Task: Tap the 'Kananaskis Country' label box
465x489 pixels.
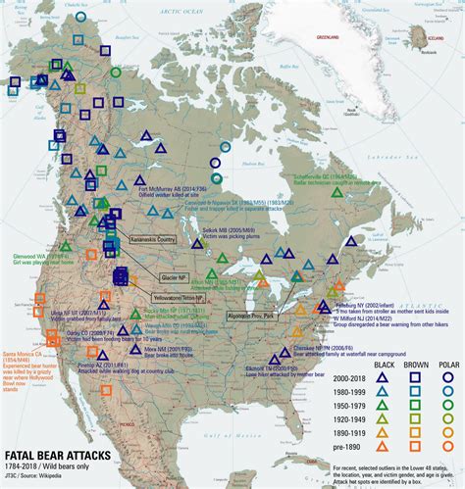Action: tap(152, 238)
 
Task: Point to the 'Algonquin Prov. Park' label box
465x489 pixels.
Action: tap(249, 317)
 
